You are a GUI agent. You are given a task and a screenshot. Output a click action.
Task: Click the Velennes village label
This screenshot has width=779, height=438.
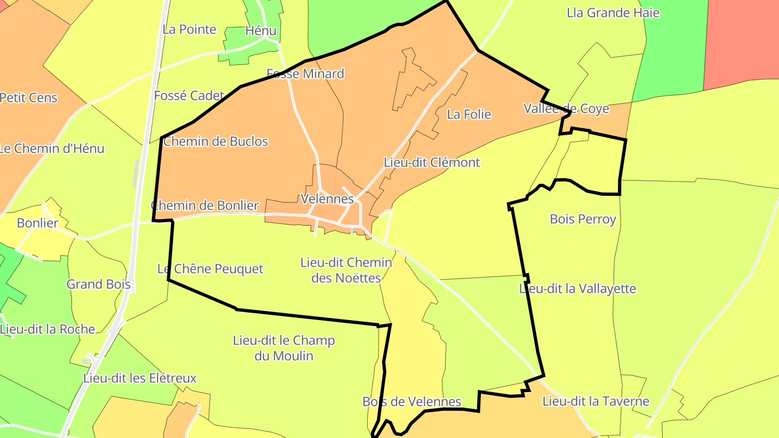point(327,199)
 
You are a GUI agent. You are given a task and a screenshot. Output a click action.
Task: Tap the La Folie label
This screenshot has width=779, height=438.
point(469,114)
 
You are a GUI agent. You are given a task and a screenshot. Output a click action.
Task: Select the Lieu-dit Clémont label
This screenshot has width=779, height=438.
point(432,162)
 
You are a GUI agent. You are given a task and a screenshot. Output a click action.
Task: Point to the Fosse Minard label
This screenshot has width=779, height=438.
point(306,74)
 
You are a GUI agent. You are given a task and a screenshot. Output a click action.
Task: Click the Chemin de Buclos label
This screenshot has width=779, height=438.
point(216,142)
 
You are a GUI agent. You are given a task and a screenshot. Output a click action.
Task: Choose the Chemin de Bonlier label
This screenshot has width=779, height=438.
point(205,205)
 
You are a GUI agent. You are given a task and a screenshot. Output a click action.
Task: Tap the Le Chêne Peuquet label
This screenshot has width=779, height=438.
point(210,269)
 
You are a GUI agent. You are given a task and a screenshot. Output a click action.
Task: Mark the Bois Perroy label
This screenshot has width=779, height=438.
point(583,219)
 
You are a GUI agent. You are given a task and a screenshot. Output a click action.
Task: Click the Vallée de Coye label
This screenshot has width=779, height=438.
point(566,109)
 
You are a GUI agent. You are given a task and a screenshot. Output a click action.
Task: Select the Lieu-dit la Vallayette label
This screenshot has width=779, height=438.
point(578,289)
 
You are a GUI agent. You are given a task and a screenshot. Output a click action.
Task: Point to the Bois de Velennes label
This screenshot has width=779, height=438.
point(412,402)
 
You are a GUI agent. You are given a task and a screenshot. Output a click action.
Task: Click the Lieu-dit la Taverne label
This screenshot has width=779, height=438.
point(596,401)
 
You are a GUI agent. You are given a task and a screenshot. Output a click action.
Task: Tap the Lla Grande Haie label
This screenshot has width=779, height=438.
point(613,12)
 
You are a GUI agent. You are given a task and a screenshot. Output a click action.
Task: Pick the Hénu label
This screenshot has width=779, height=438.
point(261,31)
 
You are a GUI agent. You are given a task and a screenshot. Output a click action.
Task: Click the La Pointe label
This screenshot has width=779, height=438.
point(189,29)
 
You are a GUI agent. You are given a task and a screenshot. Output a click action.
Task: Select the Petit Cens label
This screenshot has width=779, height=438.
point(29,98)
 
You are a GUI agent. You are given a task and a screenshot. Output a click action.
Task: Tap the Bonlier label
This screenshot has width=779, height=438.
point(37,223)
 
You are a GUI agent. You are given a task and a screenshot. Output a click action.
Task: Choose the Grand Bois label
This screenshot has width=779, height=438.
point(98,284)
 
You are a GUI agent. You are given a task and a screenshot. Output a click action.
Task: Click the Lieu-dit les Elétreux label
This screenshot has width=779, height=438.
point(140,378)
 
